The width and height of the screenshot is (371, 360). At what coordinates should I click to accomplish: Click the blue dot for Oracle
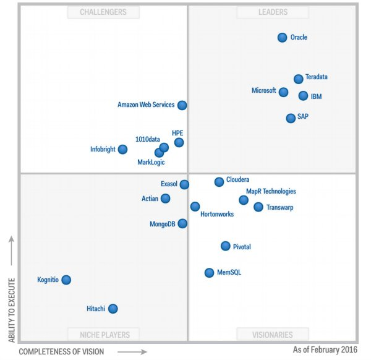[283, 38]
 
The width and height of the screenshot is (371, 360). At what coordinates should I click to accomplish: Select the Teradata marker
[299, 79]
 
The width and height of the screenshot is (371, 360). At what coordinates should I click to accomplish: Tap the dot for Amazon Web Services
[182, 105]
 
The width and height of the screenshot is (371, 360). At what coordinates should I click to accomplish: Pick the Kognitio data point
[66, 280]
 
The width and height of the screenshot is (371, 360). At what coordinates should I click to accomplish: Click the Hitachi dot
[113, 309]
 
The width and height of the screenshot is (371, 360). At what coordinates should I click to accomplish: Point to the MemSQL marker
[210, 273]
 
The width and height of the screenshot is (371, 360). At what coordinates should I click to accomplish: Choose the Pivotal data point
[226, 246]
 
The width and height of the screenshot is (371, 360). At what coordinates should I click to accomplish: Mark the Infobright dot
[123, 149]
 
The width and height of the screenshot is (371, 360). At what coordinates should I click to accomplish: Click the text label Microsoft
[263, 91]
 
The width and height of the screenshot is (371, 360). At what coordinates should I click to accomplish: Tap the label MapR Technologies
[271, 192]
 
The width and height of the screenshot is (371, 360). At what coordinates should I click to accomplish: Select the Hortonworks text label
[216, 215]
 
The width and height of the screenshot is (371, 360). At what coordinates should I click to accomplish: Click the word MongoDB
[163, 224]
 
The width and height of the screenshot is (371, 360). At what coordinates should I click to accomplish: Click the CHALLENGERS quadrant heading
[103, 12]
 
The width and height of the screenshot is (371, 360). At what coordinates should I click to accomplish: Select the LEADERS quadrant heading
[273, 12]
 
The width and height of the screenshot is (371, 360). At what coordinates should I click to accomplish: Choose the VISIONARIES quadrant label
[273, 335]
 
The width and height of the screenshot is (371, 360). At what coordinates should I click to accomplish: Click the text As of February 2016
[326, 349]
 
